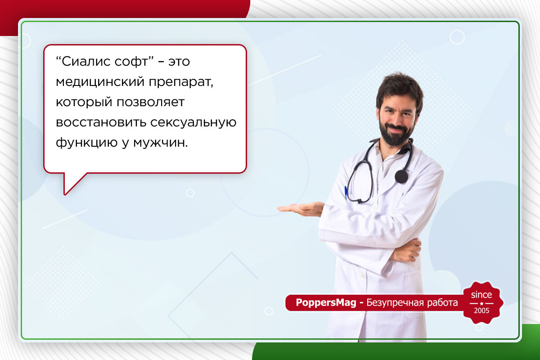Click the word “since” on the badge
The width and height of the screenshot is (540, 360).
[481, 295]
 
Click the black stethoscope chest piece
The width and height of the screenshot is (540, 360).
[401, 176]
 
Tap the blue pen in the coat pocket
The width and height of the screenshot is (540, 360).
[346, 193]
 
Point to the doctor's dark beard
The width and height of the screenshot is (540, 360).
[395, 134]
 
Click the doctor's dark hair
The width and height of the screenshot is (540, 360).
[399, 85]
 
